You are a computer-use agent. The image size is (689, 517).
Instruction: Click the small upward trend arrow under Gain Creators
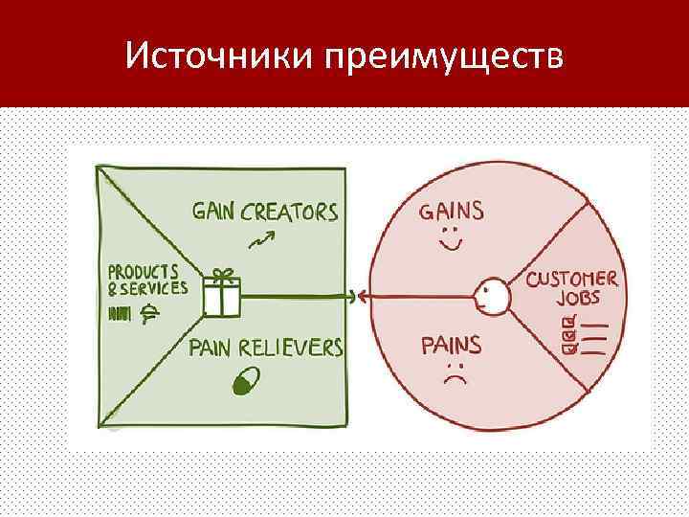tap(259, 239)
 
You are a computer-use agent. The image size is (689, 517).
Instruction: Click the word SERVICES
tap(154, 287)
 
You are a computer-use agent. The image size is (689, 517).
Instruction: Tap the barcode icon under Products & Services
tap(121, 313)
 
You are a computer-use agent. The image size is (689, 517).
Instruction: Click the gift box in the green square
tap(222, 297)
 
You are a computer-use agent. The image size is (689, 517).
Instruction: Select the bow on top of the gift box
tap(222, 275)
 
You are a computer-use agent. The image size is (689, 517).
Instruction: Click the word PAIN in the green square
tap(216, 347)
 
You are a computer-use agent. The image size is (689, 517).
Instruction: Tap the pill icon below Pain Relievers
tap(245, 382)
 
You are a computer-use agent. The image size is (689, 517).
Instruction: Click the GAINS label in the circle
tap(452, 210)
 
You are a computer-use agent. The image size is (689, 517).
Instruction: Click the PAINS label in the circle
tap(452, 345)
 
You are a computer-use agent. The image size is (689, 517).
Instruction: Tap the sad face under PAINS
tap(456, 374)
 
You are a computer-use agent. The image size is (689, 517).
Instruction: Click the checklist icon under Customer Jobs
tap(584, 338)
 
